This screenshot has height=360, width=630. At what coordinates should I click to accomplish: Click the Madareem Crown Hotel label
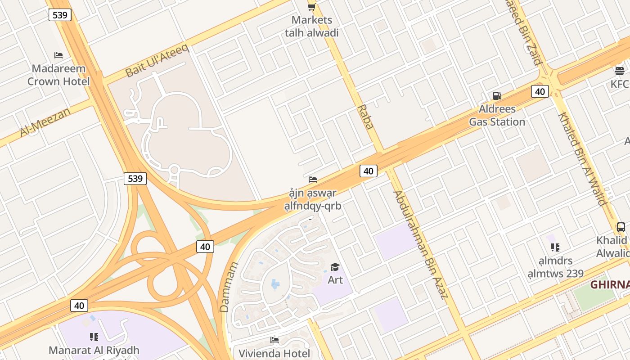pos(58,75)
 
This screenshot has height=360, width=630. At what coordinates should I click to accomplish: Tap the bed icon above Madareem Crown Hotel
pos(58,55)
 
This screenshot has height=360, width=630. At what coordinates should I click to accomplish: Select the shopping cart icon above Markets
pos(311,6)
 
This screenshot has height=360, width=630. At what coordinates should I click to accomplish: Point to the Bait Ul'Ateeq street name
pos(157,61)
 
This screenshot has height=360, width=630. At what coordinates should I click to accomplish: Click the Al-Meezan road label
pos(45,121)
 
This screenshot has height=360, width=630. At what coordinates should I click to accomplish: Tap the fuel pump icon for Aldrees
pos(497,95)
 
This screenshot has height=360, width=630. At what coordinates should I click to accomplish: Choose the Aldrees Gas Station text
pos(497,116)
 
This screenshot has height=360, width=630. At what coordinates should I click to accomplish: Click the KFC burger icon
pos(620,71)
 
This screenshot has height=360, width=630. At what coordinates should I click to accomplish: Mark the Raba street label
pos(365,117)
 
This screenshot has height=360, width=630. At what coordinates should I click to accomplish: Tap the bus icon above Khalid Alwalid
pos(621,227)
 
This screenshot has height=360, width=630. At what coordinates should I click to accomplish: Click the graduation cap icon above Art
pos(335,267)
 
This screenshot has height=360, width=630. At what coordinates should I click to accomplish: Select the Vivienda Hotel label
pos(274,353)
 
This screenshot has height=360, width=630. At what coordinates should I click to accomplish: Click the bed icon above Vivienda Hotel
pos(274,340)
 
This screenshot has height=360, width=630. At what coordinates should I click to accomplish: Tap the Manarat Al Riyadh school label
pos(94,350)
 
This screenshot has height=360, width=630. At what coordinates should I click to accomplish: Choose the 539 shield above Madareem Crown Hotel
pos(60,15)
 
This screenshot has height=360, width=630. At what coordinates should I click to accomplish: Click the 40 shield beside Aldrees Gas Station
pos(540,92)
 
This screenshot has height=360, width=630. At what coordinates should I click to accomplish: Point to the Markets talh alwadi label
pos(312,26)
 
